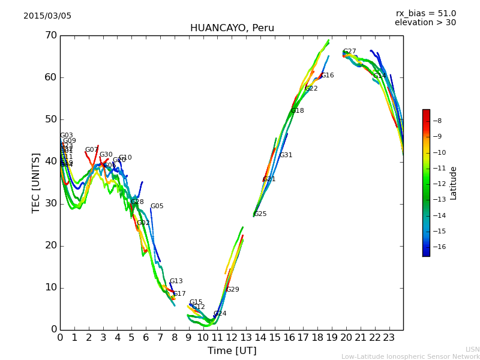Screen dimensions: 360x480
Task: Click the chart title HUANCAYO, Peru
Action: (232, 28)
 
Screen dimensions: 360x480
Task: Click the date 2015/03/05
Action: (47, 16)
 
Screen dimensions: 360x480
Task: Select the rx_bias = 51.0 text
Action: (425, 13)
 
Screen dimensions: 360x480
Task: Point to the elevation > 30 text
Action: (425, 23)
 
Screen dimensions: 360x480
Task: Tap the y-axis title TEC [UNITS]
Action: (36, 182)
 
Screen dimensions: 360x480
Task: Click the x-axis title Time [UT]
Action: (232, 350)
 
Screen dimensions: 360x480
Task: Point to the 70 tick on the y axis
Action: (50, 35)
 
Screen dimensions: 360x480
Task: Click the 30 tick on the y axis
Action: (50, 203)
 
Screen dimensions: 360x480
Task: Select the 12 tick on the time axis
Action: (232, 337)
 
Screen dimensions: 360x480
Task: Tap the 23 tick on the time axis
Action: (389, 337)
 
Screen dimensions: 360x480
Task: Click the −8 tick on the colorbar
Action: (437, 121)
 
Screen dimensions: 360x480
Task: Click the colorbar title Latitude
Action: (454, 183)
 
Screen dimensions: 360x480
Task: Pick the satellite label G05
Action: (157, 206)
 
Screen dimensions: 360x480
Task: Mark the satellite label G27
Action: (349, 52)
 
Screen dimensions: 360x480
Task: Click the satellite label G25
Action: (260, 214)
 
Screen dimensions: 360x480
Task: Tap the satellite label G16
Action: (327, 76)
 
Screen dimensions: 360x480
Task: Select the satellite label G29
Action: (232, 290)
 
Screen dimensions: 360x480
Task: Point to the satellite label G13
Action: (176, 281)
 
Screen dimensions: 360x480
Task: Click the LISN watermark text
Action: (472, 349)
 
